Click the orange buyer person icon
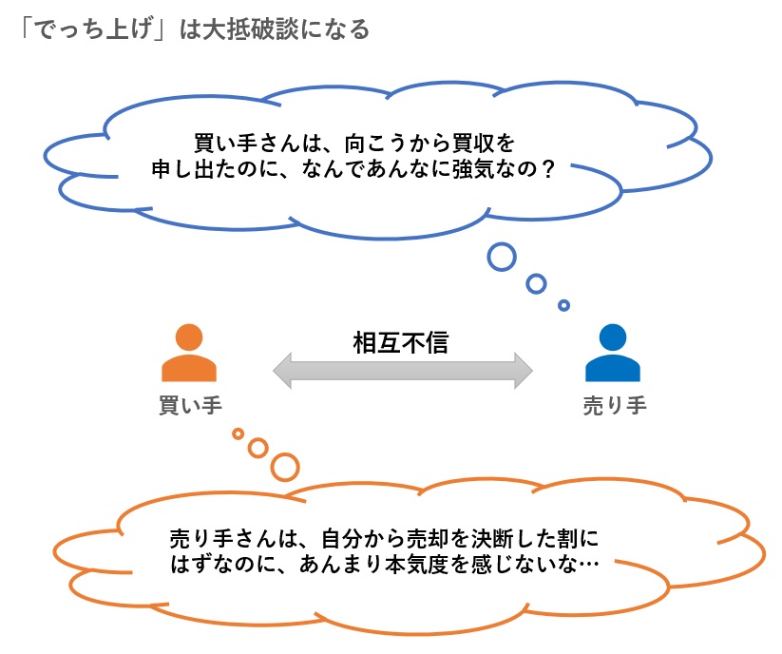point(189,353)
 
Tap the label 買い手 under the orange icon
point(189,406)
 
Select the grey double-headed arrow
point(402,370)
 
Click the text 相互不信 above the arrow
point(400,343)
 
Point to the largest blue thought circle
point(501,256)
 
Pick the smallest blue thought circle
point(563,305)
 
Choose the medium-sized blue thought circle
point(536,283)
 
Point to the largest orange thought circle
point(284,466)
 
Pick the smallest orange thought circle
point(238,433)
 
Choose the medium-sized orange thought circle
point(257,447)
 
